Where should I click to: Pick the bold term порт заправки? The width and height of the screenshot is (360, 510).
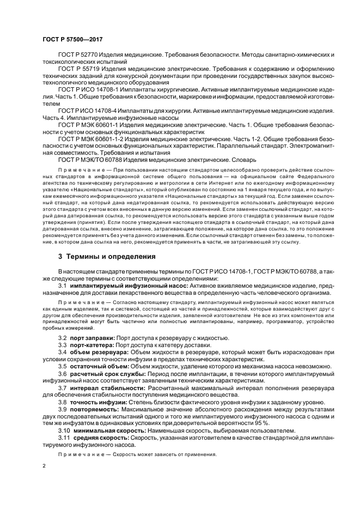92,338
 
